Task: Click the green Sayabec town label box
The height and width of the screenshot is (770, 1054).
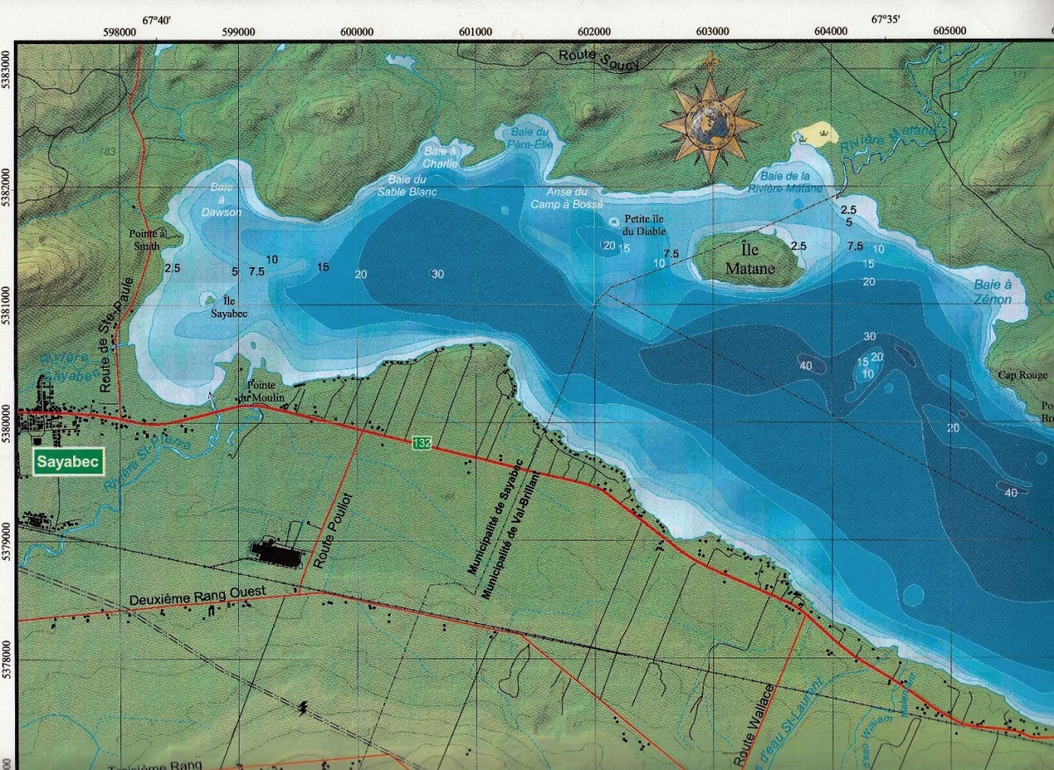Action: click(68, 461)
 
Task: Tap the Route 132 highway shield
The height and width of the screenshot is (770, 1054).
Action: click(422, 443)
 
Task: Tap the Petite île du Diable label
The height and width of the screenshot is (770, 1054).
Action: click(644, 224)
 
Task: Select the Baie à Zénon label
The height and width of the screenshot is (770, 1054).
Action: click(993, 292)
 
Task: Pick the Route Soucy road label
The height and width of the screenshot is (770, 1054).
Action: click(600, 60)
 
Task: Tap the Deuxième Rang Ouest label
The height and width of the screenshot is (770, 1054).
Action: click(188, 599)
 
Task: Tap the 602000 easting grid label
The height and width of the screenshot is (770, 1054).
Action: click(594, 31)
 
